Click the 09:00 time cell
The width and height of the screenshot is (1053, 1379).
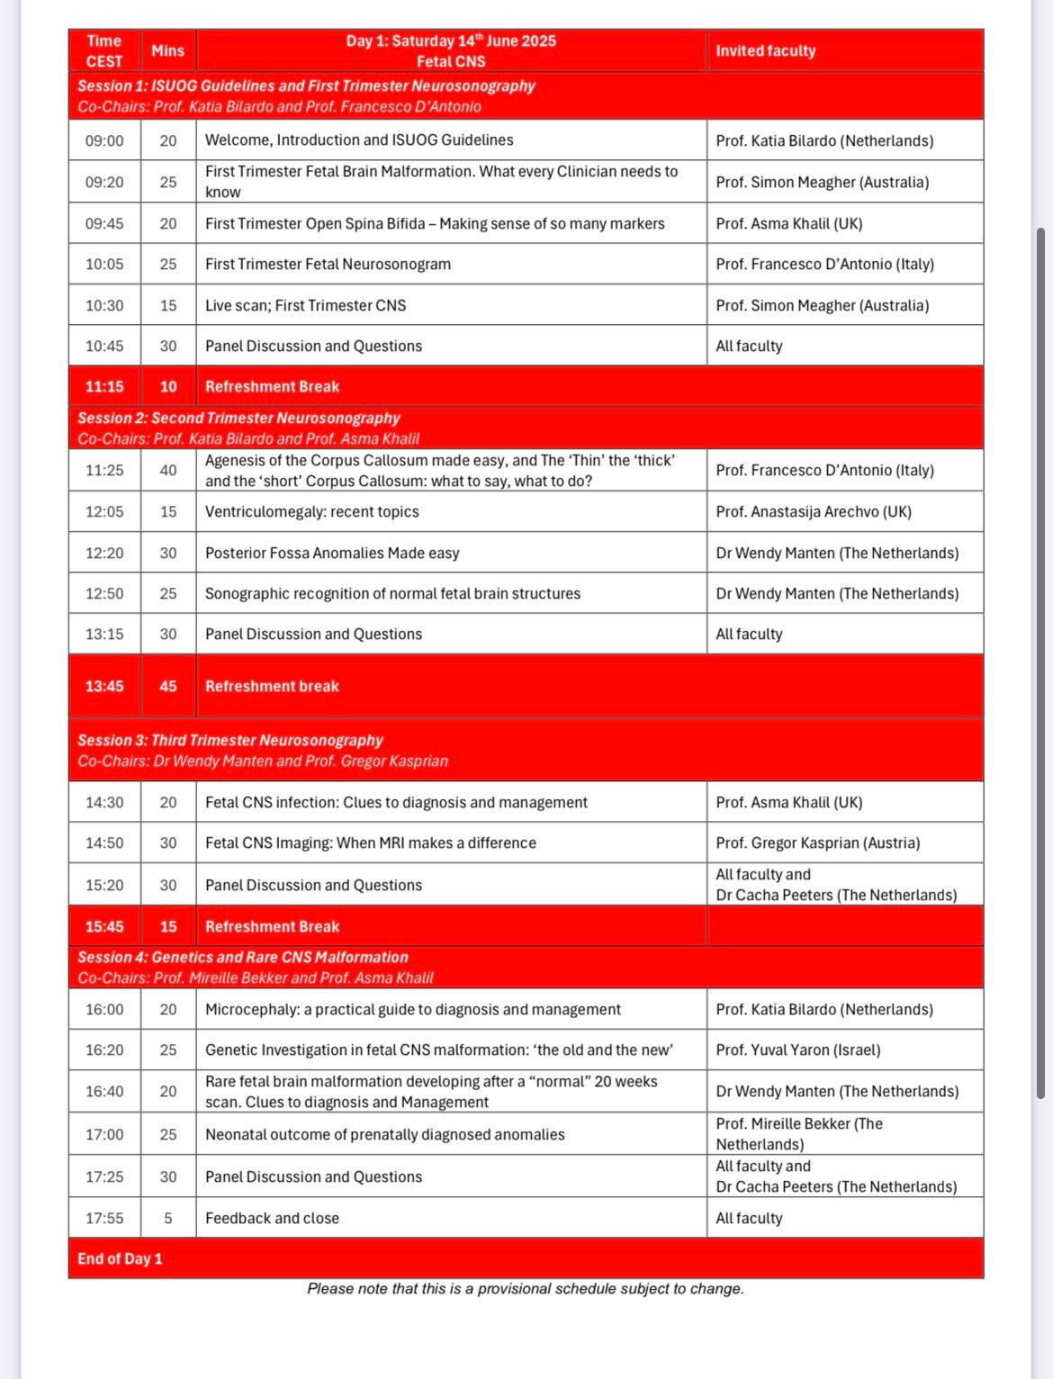[104, 140]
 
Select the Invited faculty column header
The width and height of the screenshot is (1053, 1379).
[765, 51]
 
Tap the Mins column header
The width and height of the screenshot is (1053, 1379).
[167, 51]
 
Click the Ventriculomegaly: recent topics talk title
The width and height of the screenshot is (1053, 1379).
[312, 512]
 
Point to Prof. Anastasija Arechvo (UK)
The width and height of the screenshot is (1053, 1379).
[813, 512]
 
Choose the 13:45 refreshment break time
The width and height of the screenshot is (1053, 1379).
[104, 686]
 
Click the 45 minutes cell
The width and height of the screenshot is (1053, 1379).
[168, 686]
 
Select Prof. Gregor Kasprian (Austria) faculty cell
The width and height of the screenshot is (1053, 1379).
[817, 843]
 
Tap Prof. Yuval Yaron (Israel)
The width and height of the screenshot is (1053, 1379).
[797, 1050]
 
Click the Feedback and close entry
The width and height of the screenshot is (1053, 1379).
[272, 1219]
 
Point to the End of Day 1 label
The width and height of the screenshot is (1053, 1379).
[120, 1259]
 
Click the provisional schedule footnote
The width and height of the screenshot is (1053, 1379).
[526, 1289]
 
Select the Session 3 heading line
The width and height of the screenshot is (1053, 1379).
[230, 741]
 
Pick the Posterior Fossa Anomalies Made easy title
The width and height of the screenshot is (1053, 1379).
[332, 554]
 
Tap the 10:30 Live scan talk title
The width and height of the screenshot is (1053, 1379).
[305, 306]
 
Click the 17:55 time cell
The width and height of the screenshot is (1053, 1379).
[104, 1219]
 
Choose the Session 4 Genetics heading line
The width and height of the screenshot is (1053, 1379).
[243, 958]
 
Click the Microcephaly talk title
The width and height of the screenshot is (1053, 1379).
[412, 1010]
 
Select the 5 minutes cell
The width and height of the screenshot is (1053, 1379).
[168, 1219]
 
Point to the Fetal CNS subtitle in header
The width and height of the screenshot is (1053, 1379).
[451, 62]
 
